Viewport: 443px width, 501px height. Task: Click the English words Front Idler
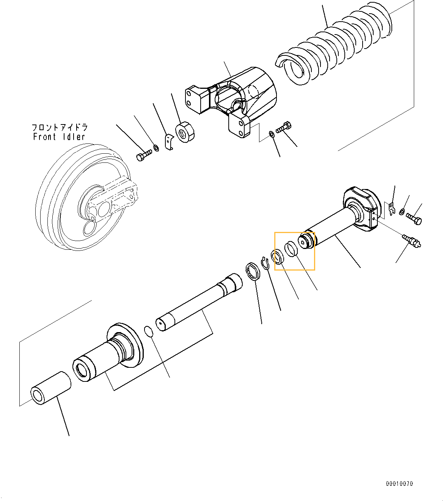coord(59,137)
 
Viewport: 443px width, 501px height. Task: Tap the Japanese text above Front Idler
coord(60,127)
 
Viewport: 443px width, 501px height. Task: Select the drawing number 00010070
coord(399,484)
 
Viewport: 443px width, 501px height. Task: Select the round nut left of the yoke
coord(185,132)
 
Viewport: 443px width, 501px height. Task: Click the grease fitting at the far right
coord(411,241)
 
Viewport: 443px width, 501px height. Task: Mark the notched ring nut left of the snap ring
coord(253,272)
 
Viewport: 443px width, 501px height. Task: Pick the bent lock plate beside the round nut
coord(169,141)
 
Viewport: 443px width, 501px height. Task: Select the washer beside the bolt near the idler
coord(156,147)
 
